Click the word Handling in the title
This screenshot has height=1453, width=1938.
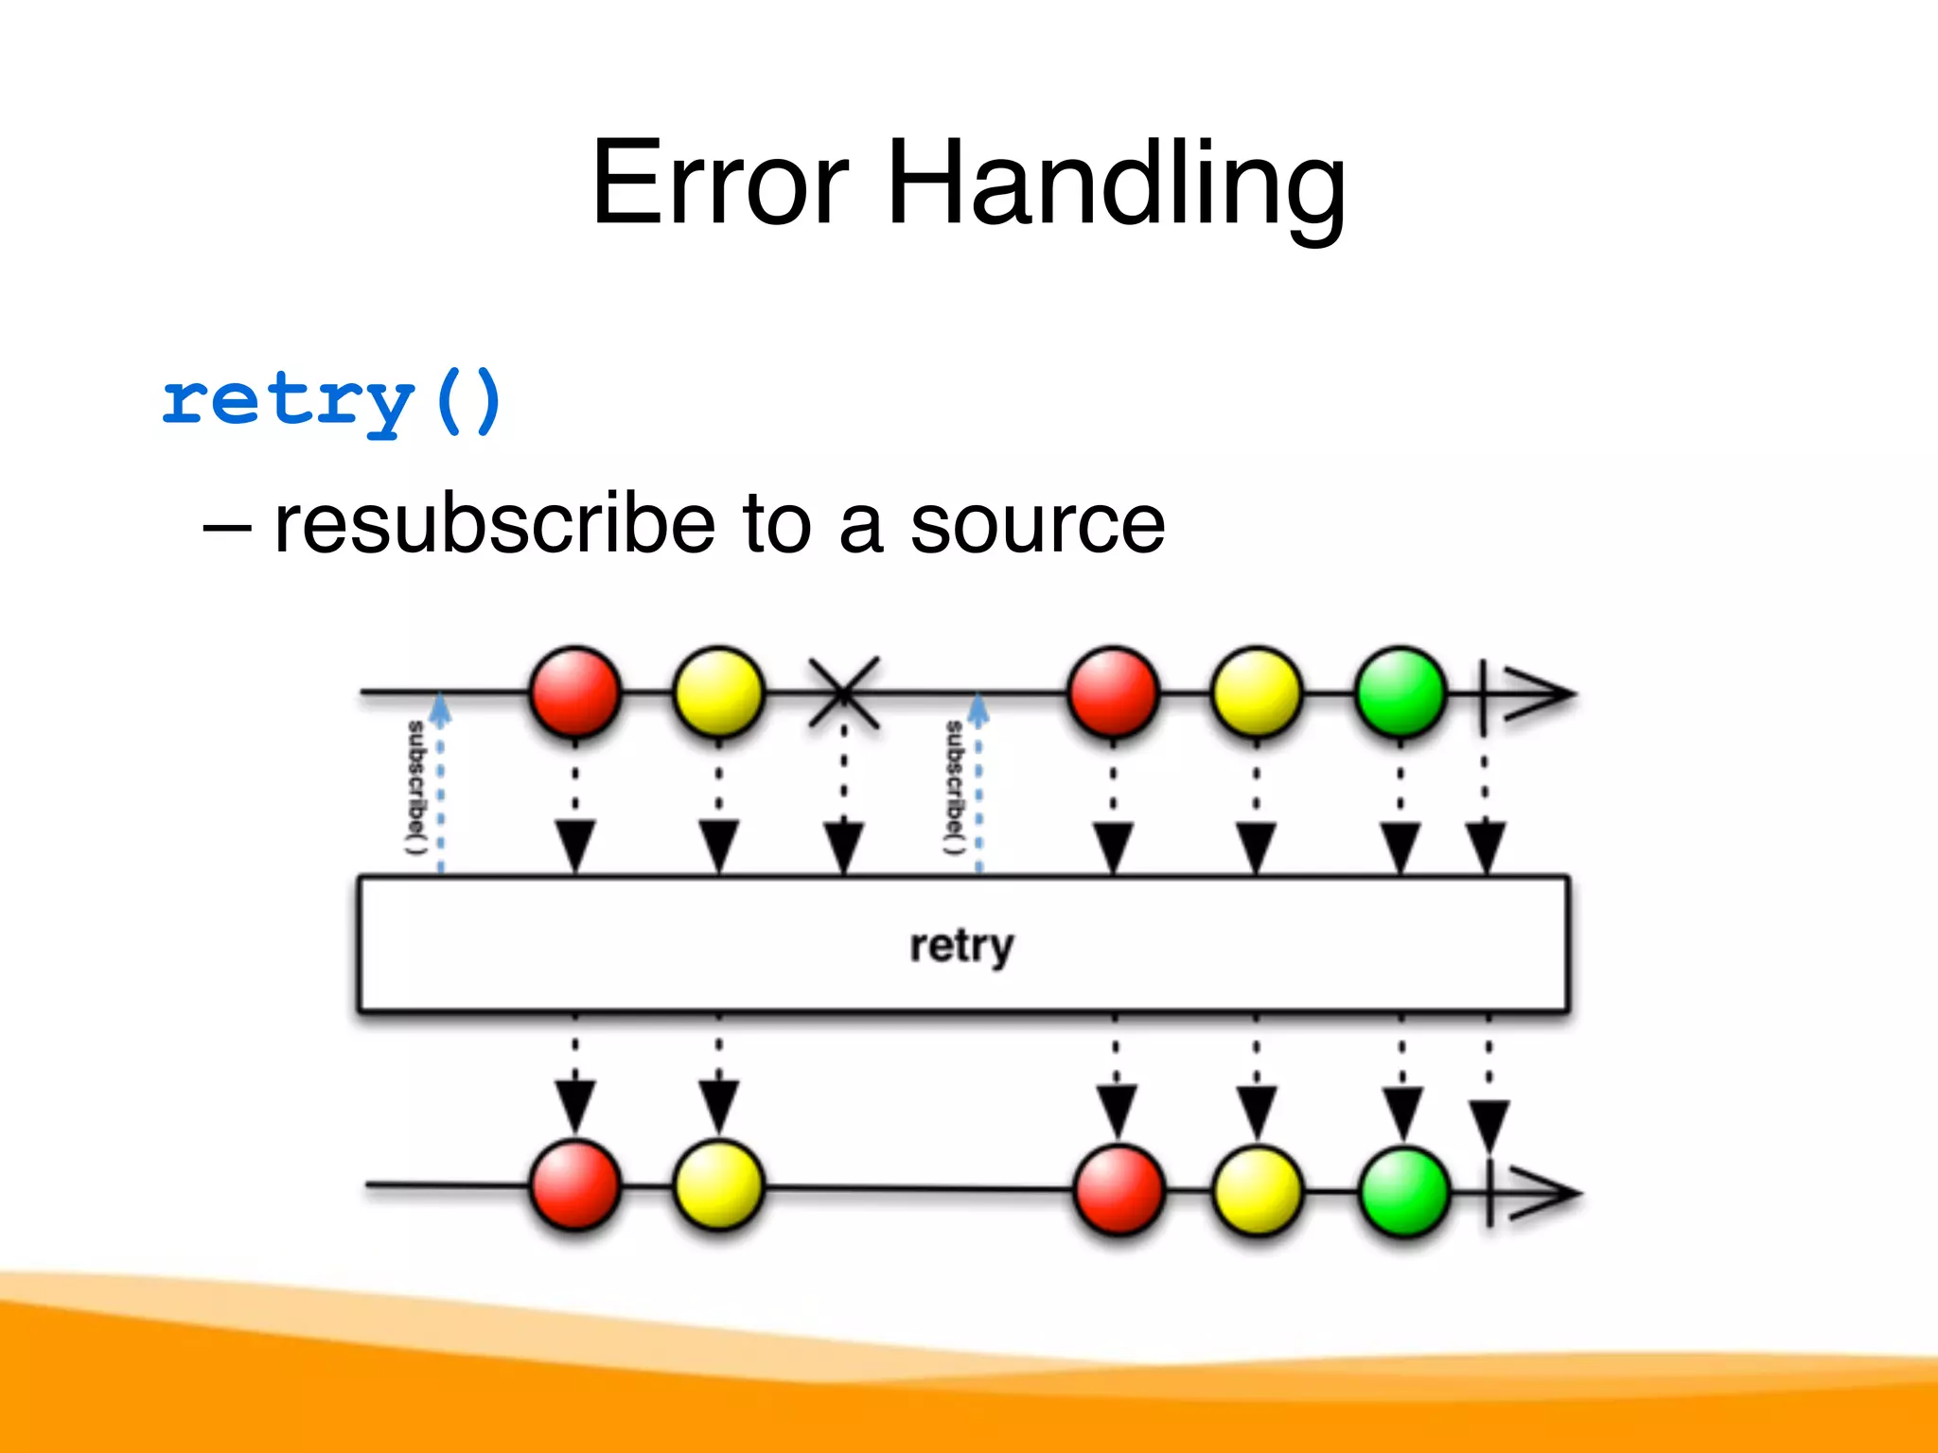1117,184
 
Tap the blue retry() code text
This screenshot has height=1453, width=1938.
331,401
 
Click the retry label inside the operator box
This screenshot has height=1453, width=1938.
961,945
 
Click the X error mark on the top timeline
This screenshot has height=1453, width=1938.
843,693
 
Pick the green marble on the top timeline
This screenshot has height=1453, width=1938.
1401,692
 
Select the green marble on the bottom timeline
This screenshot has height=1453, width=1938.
1404,1191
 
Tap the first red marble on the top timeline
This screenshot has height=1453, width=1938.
575,692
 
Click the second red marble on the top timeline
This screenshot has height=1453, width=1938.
1114,692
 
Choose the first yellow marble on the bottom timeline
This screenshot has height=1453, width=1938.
719,1185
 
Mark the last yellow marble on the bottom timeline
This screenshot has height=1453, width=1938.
1257,1191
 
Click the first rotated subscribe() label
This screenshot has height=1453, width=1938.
416,787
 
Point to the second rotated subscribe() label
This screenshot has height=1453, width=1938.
954,787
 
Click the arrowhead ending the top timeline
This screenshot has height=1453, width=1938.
1538,693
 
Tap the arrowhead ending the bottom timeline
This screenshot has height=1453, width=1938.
1542,1193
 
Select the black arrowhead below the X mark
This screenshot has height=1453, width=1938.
843,845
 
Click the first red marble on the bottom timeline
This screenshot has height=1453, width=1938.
575,1185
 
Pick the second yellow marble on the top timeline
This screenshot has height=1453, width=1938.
1257,692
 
